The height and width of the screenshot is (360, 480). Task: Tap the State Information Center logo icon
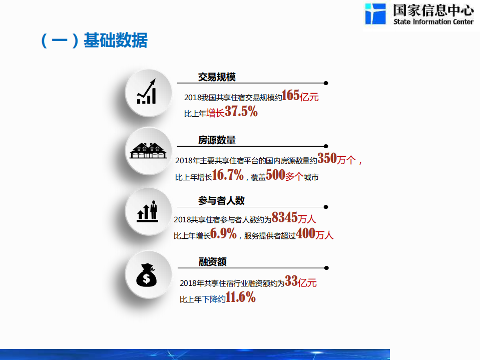[375, 14]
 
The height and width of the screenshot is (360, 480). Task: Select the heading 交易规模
[217, 77]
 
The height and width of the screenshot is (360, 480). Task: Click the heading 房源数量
[217, 140]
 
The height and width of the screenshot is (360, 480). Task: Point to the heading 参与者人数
[221, 201]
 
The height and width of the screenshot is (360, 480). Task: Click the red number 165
[291, 96]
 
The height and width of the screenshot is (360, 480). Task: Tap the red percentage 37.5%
[241, 112]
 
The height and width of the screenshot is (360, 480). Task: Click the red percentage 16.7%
[228, 175]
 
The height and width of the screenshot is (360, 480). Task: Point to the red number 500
[275, 176]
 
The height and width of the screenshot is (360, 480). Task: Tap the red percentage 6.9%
[223, 233]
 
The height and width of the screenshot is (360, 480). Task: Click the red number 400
[306, 233]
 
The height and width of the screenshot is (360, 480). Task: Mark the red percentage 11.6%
[240, 298]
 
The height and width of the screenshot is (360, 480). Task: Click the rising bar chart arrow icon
[147, 92]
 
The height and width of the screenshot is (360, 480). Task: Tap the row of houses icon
[148, 150]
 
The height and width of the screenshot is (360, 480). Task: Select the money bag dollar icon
[147, 274]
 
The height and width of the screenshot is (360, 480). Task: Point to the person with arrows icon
[148, 212]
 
